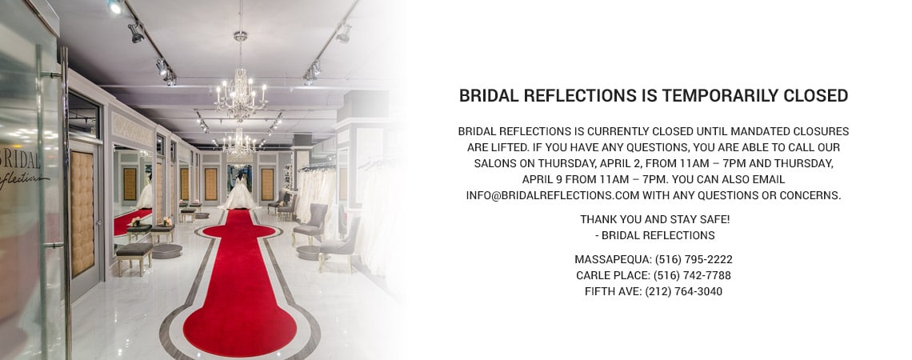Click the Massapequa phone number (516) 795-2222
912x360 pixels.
coord(694,259)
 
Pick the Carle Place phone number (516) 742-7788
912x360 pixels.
coord(692,275)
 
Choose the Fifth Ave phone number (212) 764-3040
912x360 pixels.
coord(683,291)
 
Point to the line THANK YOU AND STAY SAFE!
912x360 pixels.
coord(654,219)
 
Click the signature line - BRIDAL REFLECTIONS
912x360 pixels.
coord(654,235)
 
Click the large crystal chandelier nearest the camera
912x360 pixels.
coord(240,92)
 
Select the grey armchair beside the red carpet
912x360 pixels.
coord(311,224)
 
